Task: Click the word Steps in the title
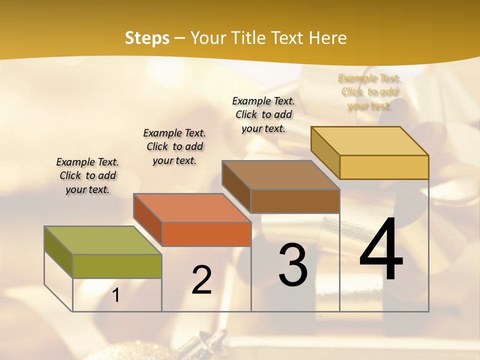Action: coord(147,38)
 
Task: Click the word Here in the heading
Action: coord(328,38)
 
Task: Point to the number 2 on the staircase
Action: coord(202,280)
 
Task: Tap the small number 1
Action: coord(116,295)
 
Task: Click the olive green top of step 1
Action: coord(103,240)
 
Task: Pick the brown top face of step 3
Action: coord(281,175)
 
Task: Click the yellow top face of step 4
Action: coord(370,141)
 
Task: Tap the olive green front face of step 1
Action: coord(117,266)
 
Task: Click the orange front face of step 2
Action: coord(206,234)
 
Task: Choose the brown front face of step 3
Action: coord(295,201)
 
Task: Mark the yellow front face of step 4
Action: coord(384,167)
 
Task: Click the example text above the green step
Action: coord(87,175)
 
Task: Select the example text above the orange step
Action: coord(174,146)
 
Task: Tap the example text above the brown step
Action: coord(263,114)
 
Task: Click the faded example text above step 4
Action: coord(369,92)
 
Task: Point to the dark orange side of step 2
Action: coord(148,220)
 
